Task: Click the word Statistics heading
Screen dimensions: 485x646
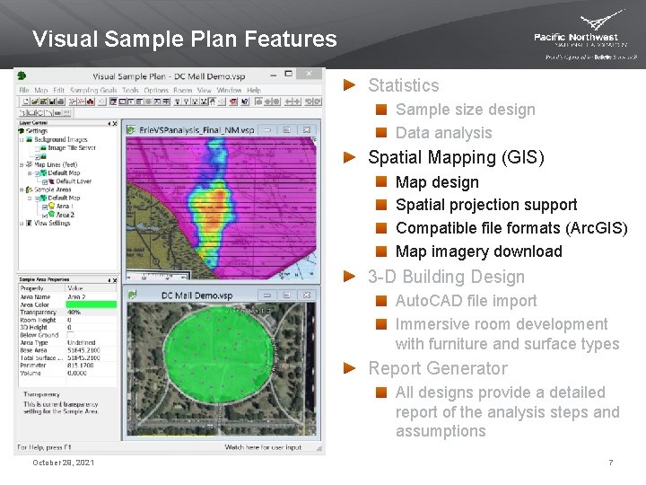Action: click(404, 86)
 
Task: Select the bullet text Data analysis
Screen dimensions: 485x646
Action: click(443, 133)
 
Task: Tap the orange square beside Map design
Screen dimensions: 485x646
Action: click(381, 181)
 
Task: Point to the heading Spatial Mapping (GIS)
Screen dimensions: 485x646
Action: click(456, 157)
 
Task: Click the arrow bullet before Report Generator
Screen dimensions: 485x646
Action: click(352, 368)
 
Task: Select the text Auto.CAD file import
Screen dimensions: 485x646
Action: click(466, 301)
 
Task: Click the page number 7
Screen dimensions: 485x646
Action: click(610, 463)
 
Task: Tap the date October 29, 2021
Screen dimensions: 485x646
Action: click(63, 463)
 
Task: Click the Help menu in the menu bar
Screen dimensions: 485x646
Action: click(254, 91)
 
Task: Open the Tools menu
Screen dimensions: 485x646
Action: click(131, 91)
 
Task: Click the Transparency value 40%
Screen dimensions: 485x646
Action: click(74, 313)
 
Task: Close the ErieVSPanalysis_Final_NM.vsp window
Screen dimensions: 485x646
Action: click(310, 129)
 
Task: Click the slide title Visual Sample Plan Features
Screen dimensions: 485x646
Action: click(184, 40)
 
